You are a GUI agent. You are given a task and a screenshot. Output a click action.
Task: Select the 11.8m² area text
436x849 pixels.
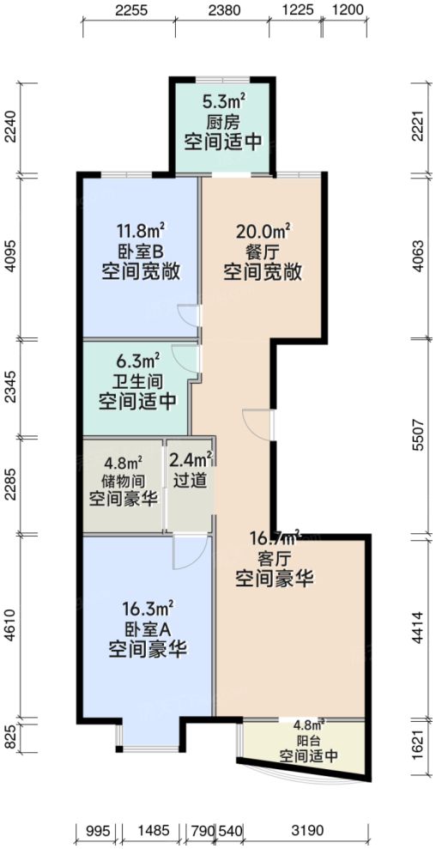click(140, 232)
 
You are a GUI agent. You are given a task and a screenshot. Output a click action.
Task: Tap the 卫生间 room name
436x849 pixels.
click(137, 380)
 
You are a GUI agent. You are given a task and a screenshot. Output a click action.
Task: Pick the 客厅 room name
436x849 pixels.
click(274, 558)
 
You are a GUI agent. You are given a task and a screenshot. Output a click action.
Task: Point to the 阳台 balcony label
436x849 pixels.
click(308, 739)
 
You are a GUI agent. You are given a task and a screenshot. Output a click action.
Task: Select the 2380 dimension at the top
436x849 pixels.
click(224, 11)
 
